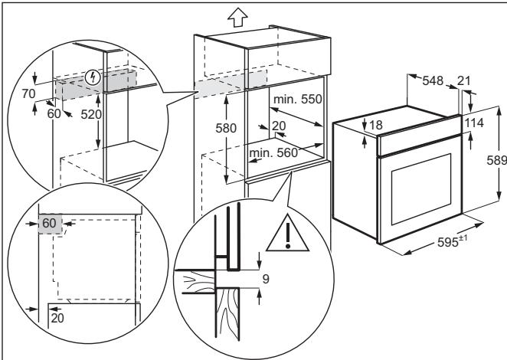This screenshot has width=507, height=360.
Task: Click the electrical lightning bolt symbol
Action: (x=93, y=77)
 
